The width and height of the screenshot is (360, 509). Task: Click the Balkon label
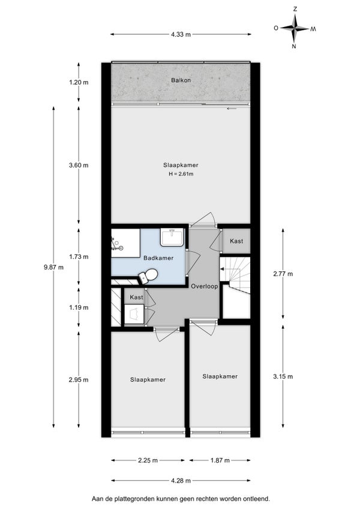(x=181, y=80)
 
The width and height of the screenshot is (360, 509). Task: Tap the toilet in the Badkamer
(x=148, y=276)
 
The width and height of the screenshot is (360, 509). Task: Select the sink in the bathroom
(x=172, y=237)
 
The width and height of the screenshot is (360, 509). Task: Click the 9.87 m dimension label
(x=53, y=268)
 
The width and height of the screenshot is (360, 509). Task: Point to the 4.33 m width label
(x=181, y=34)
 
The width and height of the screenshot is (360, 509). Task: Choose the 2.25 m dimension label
(x=148, y=460)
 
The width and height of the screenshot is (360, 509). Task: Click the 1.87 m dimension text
(x=220, y=460)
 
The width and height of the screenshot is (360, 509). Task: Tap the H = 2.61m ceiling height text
(x=181, y=174)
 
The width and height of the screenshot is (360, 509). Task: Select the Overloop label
(x=205, y=286)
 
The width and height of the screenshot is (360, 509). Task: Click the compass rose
(x=295, y=28)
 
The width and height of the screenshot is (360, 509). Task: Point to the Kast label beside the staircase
(x=236, y=241)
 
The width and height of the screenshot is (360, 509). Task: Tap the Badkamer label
(x=158, y=258)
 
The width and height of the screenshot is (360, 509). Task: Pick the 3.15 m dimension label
(x=283, y=376)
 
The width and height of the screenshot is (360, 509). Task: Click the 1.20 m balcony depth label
(x=79, y=82)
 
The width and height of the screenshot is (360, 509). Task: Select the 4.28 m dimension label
(x=181, y=481)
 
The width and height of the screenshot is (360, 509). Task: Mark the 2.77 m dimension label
(x=283, y=274)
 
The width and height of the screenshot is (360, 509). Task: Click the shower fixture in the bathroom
(x=116, y=244)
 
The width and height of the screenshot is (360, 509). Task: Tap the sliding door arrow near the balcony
(x=232, y=109)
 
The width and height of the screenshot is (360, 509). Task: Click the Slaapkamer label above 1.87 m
(x=220, y=376)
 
